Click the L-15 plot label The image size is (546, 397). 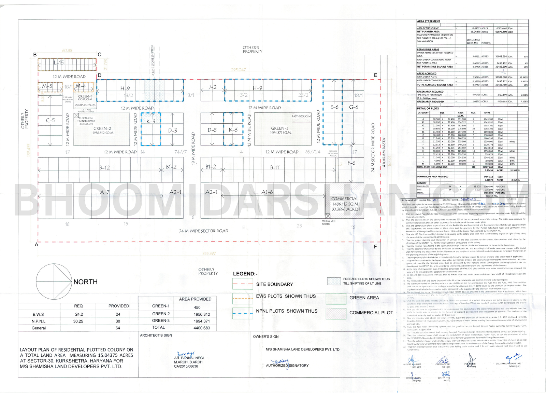tap(59, 63)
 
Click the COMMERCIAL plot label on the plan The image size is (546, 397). tap(345, 198)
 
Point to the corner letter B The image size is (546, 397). tap(35, 55)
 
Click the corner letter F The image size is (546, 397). tap(375, 246)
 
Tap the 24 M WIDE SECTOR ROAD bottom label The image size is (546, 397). tap(203, 231)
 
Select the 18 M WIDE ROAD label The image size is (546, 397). tap(193, 149)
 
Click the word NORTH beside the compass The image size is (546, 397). tap(85, 282)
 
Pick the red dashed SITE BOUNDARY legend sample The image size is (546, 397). tap(243, 284)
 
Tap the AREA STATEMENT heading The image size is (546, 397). tap(428, 22)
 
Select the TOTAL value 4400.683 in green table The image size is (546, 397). tap(202, 328)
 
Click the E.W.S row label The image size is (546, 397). tap(38, 314)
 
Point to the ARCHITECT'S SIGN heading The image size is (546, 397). tap(156, 336)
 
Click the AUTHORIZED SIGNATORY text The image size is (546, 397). tap(287, 366)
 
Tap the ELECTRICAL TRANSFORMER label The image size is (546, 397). tap(86, 121)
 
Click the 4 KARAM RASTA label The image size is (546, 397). tap(384, 153)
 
